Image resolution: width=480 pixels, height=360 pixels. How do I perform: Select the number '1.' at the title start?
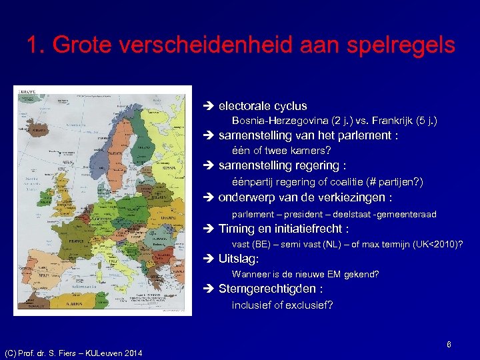37,45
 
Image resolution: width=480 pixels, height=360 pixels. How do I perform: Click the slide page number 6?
449,345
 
